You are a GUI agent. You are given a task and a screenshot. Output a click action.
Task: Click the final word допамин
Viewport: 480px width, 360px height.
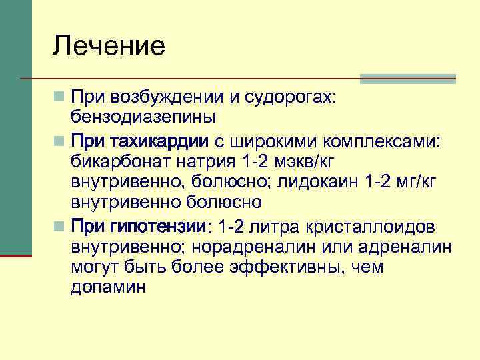(107, 287)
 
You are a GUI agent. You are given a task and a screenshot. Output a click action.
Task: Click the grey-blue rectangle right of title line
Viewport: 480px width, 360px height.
(407, 79)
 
